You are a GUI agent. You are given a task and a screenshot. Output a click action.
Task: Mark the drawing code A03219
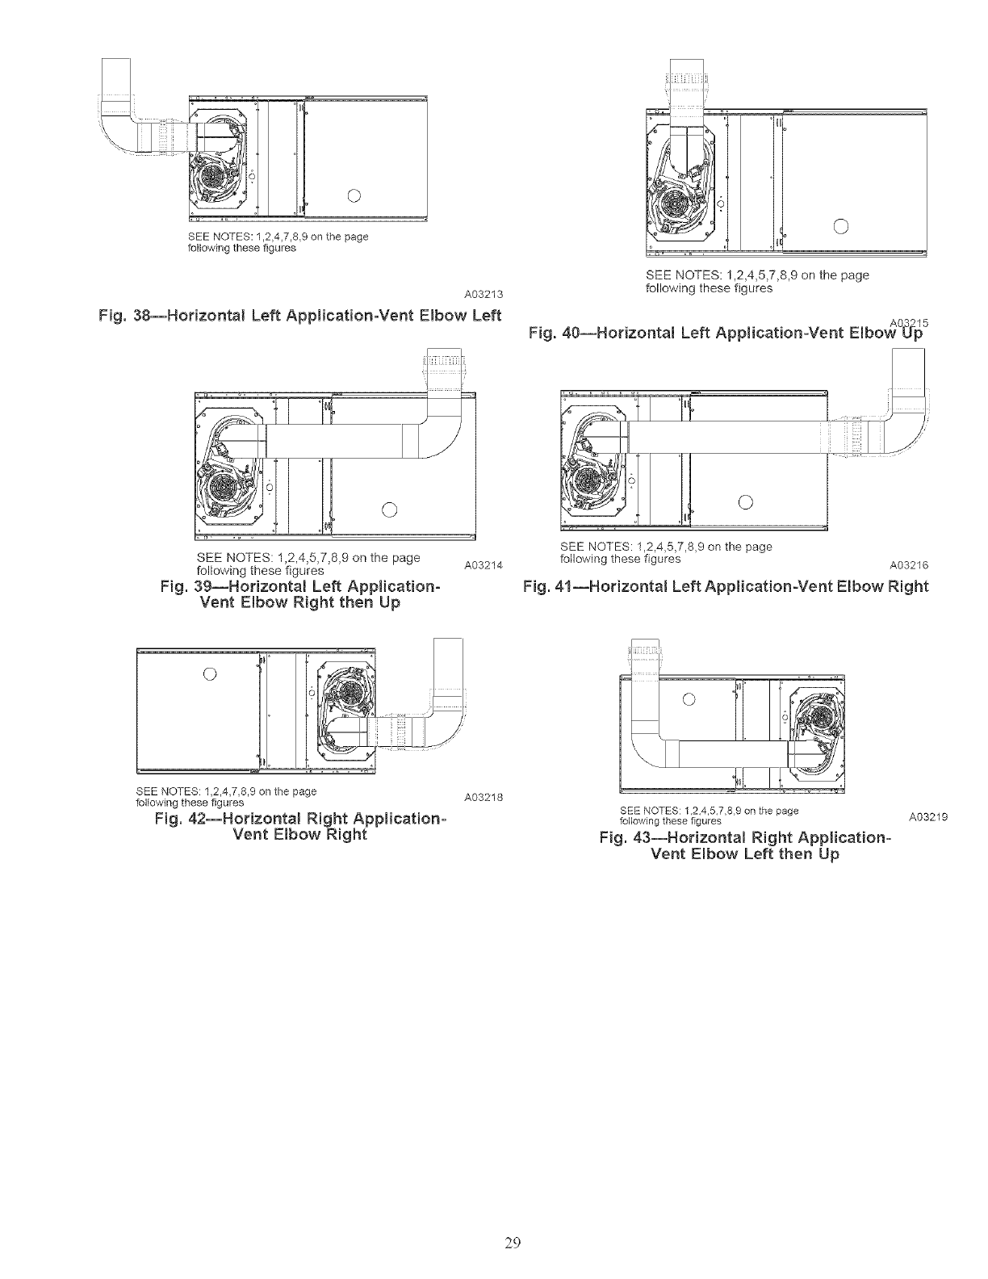click(927, 817)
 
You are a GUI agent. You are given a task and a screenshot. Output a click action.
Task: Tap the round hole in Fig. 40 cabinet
click(841, 225)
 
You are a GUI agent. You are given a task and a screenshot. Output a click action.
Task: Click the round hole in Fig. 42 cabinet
click(208, 674)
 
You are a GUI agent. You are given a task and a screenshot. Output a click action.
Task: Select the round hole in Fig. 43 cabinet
click(689, 698)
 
